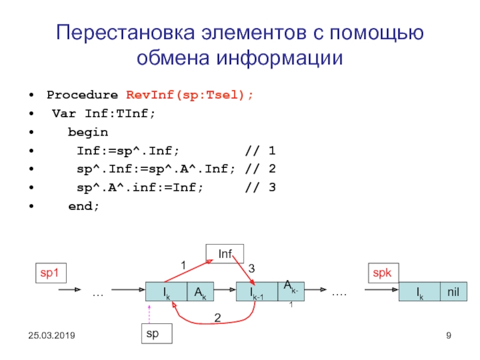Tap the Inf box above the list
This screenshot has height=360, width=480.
point(224,253)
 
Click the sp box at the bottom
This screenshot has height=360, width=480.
point(155,334)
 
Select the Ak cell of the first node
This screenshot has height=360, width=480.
point(200,292)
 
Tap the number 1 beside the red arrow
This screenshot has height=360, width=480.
point(184,264)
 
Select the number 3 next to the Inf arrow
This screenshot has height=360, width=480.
point(251,269)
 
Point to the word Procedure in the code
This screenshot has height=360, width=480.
point(82,95)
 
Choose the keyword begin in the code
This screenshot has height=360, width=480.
point(88,132)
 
